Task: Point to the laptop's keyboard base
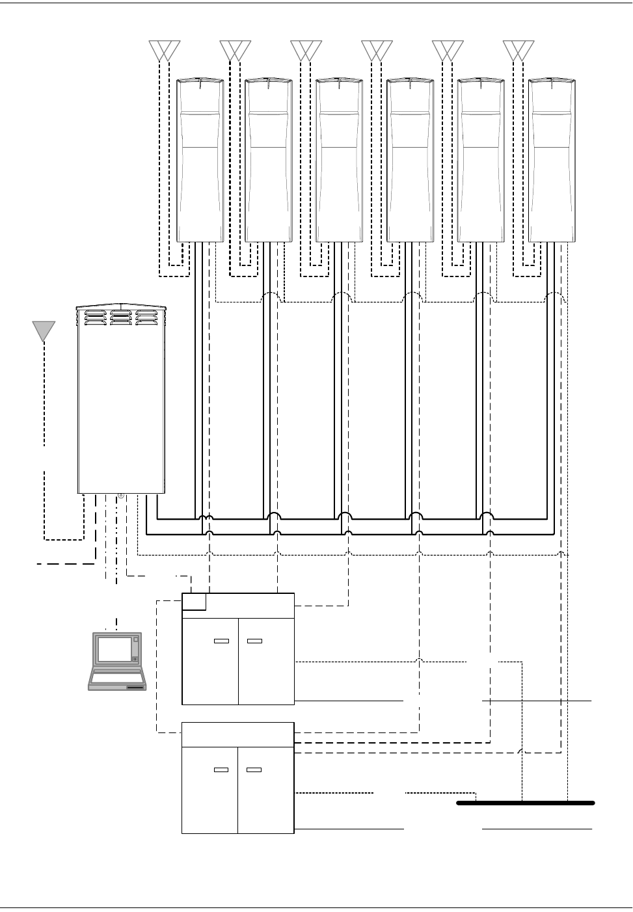pos(117,680)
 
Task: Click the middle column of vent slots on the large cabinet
pos(120,316)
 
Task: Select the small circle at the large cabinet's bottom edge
pos(121,496)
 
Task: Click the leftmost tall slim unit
pos(200,160)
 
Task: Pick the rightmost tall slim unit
pos(552,160)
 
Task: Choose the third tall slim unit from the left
pos(338,160)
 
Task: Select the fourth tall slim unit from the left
pos(409,160)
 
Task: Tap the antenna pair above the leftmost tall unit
pos(165,50)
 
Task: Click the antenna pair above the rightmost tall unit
pos(519,50)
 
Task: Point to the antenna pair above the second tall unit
pos(235,50)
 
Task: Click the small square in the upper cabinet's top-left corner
pos(195,602)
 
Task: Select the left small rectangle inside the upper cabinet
pos(221,641)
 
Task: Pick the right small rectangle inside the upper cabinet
pos(254,641)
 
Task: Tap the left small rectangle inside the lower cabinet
pos(221,770)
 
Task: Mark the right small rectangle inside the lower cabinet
pos(254,770)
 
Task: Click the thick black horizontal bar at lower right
pos(526,803)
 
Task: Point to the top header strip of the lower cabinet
pos(237,734)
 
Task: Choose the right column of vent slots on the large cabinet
pos(146,316)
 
